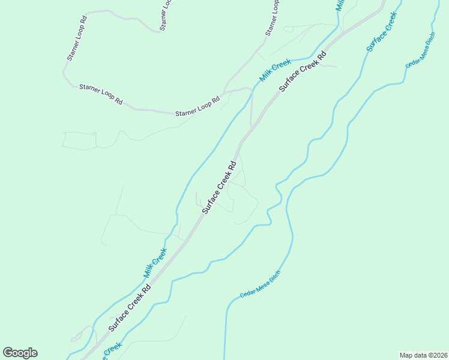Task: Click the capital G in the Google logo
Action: point(8,353)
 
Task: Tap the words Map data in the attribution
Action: point(412,355)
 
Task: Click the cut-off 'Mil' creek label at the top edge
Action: point(340,5)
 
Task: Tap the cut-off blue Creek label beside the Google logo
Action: point(112,349)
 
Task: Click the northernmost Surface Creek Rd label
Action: point(303,70)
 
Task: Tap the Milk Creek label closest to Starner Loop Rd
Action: point(276,70)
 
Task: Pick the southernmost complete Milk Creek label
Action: point(155,262)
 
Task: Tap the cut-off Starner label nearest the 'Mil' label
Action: point(273,17)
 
